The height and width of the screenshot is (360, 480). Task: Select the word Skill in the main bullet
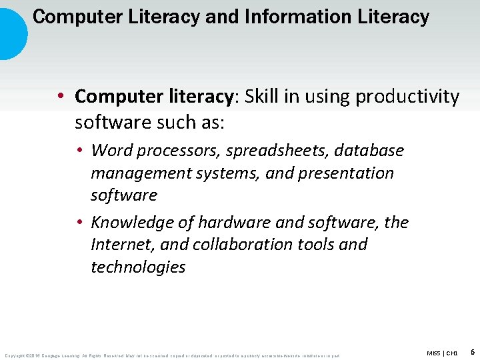pos(264,97)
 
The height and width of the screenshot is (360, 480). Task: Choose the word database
pos(369,150)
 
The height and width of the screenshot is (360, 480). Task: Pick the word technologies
pos(138,267)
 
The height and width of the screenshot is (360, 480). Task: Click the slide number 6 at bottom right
pos(472,351)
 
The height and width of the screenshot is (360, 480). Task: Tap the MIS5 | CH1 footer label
pos(442,353)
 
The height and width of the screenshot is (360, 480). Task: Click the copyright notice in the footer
pos(172,355)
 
